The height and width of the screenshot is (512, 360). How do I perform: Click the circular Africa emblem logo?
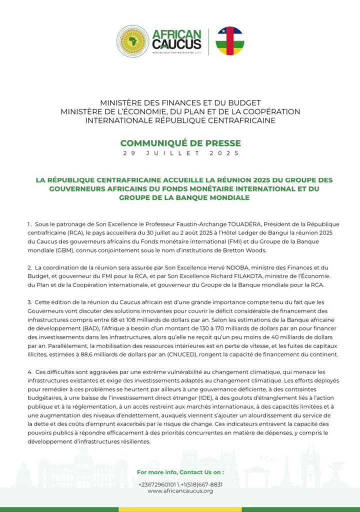(132, 41)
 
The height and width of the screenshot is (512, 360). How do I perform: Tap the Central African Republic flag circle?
(229, 41)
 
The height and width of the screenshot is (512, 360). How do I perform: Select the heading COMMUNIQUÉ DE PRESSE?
(180, 143)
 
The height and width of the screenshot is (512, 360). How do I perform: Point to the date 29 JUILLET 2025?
(180, 153)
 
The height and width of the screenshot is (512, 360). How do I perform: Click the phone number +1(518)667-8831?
(203, 484)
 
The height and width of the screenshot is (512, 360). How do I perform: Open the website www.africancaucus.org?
(180, 491)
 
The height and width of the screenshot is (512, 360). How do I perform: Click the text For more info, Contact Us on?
(180, 471)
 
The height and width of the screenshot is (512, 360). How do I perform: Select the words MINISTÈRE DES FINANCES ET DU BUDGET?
(180, 103)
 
